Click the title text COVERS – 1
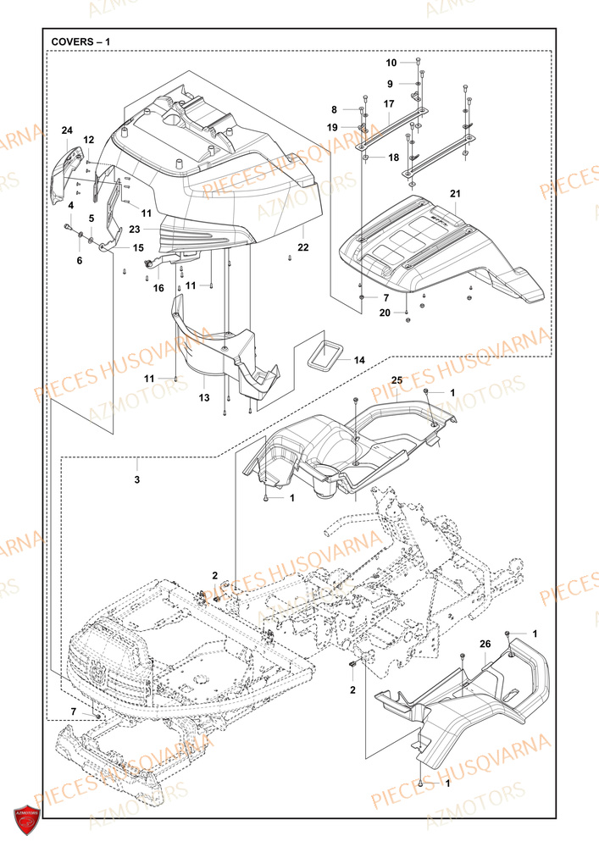coord(80,42)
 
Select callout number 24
coord(67,130)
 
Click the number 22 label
coord(303,247)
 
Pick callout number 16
coord(158,288)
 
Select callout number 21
coord(455,194)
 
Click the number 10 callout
coord(391,63)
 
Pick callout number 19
coord(333,127)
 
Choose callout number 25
coord(397,381)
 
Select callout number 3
coord(137,479)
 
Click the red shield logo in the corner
coord(27,819)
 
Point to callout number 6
coord(80,261)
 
